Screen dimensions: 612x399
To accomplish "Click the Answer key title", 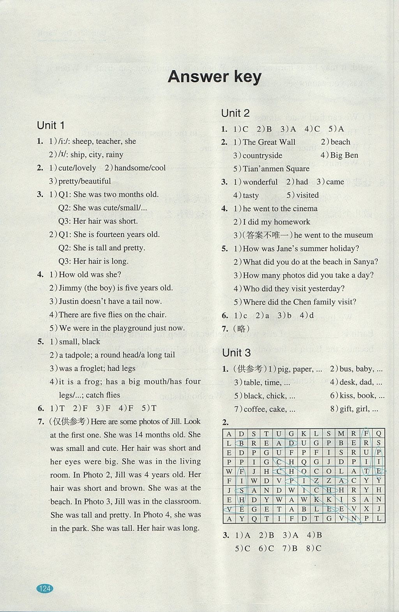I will point(214,77).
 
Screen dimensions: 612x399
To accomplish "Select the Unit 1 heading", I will point(51,126).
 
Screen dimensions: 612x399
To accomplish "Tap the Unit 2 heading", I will point(235,113).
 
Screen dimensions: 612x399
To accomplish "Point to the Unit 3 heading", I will point(237,353).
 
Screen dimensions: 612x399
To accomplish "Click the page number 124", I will point(45,588).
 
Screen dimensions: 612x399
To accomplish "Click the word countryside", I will point(262,156).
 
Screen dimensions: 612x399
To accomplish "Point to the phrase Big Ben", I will point(344,155).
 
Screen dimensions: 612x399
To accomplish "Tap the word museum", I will point(358,235).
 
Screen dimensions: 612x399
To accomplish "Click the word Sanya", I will point(365,262).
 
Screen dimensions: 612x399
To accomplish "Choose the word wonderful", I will point(260,182).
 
